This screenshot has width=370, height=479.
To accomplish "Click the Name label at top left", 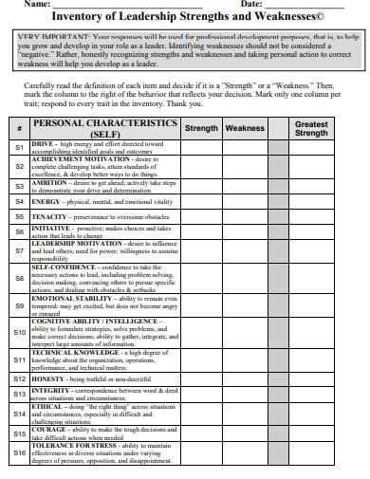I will pyautogui.click(x=37, y=5).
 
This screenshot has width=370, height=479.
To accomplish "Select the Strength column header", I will pyautogui.click(x=200, y=128).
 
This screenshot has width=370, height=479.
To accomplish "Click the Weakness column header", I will pyautogui.click(x=245, y=128).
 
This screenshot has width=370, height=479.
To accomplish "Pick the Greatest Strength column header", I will pyautogui.click(x=311, y=128).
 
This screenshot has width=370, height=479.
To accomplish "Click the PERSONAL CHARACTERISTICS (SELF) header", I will pyautogui.click(x=104, y=128).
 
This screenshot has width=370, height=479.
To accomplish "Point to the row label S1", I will pyautogui.click(x=20, y=148).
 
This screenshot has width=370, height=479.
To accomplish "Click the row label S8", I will pyautogui.click(x=20, y=279).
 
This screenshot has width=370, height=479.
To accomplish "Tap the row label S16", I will pyautogui.click(x=20, y=453).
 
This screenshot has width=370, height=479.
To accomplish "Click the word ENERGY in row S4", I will pyautogui.click(x=46, y=201).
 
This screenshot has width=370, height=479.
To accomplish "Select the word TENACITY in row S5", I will pyautogui.click(x=49, y=216).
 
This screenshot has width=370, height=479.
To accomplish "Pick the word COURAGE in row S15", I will pyautogui.click(x=49, y=428).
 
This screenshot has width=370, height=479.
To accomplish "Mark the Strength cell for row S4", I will pyautogui.click(x=200, y=202).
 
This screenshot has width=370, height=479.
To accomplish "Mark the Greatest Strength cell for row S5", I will pyautogui.click(x=311, y=216).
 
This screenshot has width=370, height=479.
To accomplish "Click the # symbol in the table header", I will pyautogui.click(x=20, y=129).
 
